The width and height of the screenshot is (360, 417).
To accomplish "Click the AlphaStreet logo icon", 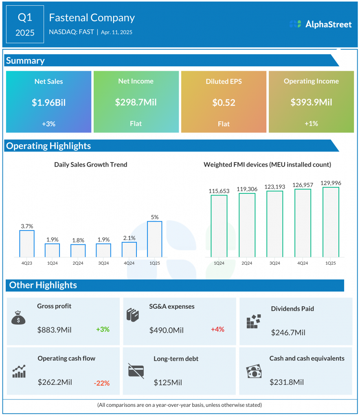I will tap(295, 24).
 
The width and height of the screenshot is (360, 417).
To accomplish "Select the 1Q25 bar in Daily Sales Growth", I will tap(155, 239).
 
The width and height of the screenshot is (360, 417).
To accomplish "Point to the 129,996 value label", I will tap(331, 183).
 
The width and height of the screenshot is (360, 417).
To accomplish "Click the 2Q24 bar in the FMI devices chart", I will tap(247, 225).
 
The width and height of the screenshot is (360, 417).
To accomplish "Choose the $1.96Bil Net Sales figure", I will tap(48, 103).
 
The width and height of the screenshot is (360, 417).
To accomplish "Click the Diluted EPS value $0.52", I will tap(224, 103).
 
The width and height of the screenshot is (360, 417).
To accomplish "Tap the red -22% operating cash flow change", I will tap(101, 383).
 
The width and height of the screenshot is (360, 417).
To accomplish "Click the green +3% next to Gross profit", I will tap(103, 329).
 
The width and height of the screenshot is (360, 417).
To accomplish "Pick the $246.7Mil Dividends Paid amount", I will tap(288, 333).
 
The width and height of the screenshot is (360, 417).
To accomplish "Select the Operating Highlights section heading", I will tap(48, 146).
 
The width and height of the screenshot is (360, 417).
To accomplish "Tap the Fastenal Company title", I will tap(92, 18).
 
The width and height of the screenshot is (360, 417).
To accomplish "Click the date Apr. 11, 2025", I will tap(116, 32).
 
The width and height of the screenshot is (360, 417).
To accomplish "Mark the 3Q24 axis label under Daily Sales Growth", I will tap(103, 263).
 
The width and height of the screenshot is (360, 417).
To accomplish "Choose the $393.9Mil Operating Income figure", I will tap(311, 103).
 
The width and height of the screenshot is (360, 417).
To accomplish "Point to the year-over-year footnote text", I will tap(180, 405).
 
